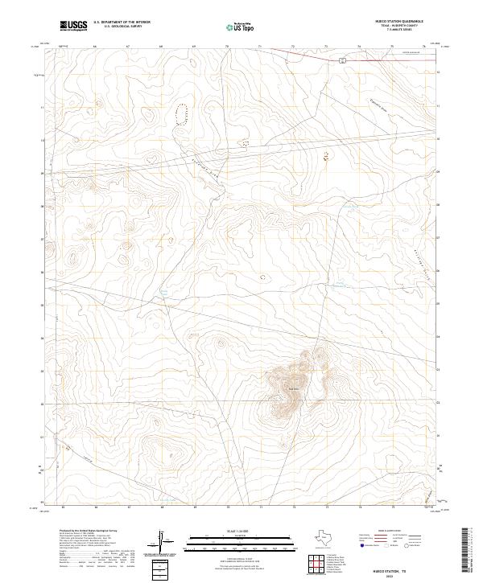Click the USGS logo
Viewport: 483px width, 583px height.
tap(73, 26)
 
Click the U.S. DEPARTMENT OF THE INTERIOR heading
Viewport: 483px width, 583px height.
tap(122, 23)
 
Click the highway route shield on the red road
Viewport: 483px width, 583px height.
tap(342, 60)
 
